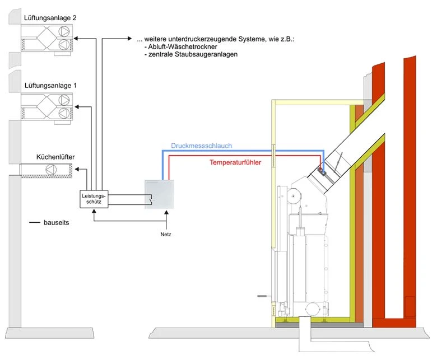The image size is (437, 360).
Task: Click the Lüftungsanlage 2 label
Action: [50, 18]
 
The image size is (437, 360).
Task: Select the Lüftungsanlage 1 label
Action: [50, 86]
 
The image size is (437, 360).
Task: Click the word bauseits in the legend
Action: [57, 223]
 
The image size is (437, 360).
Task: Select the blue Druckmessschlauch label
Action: [202, 146]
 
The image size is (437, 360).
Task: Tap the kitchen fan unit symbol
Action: [46, 170]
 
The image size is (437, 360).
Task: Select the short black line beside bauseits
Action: [36, 223]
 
